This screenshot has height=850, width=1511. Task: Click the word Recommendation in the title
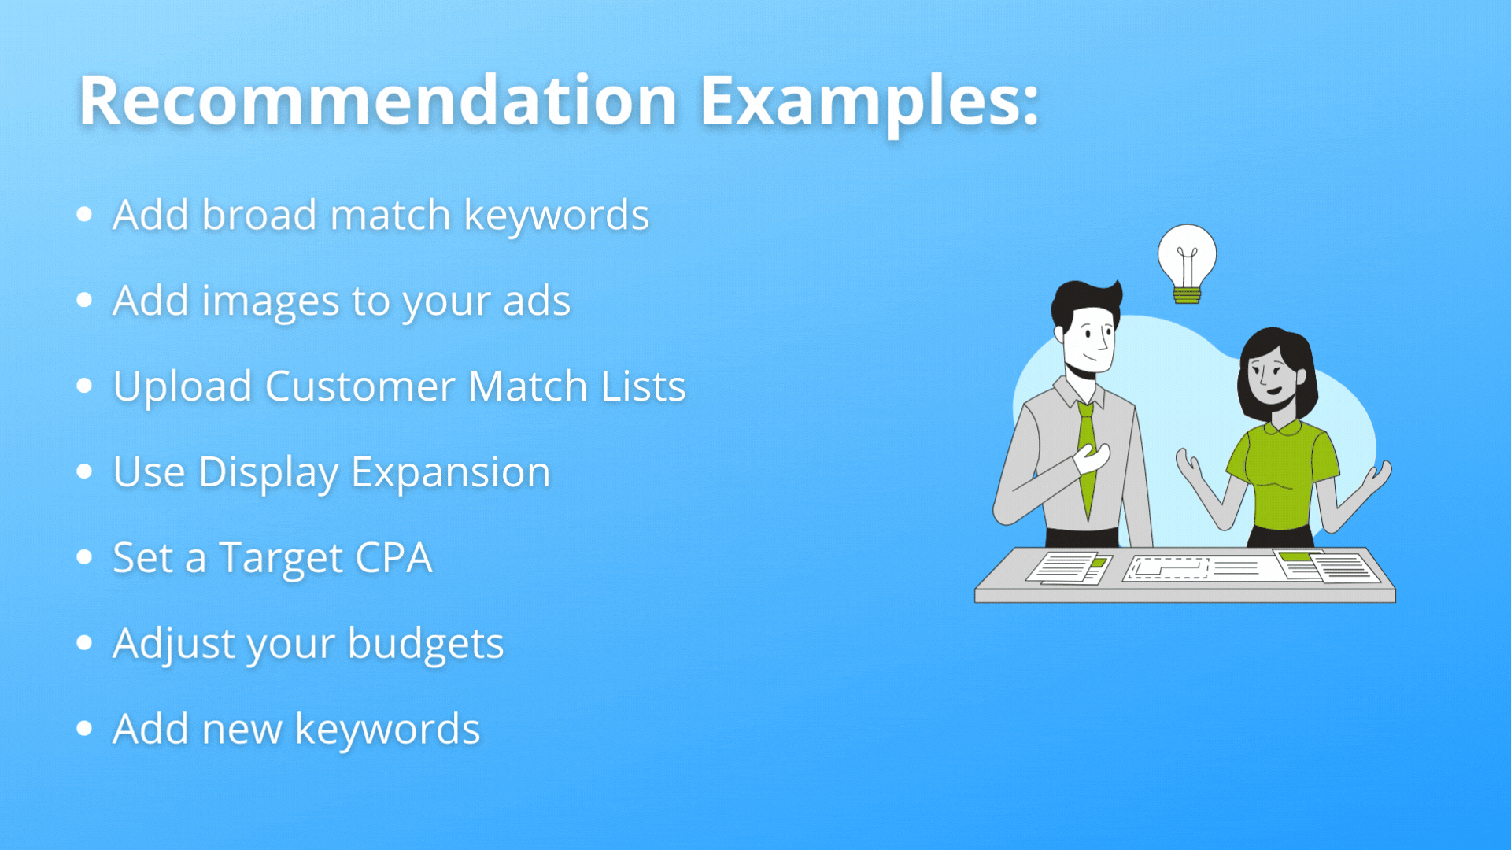pyautogui.click(x=378, y=101)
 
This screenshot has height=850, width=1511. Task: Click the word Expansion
pyautogui.click(x=450, y=472)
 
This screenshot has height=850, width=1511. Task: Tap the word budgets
pyautogui.click(x=425, y=644)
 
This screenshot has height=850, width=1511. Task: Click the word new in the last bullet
pyautogui.click(x=242, y=730)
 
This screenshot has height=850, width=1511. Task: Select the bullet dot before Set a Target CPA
pyautogui.click(x=85, y=557)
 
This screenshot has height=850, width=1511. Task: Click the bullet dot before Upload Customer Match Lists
pyautogui.click(x=85, y=386)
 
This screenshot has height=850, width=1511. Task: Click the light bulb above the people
pyautogui.click(x=1187, y=256)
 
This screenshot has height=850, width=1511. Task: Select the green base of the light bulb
pyautogui.click(x=1187, y=296)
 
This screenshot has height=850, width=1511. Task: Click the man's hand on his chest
pyautogui.click(x=1092, y=456)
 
